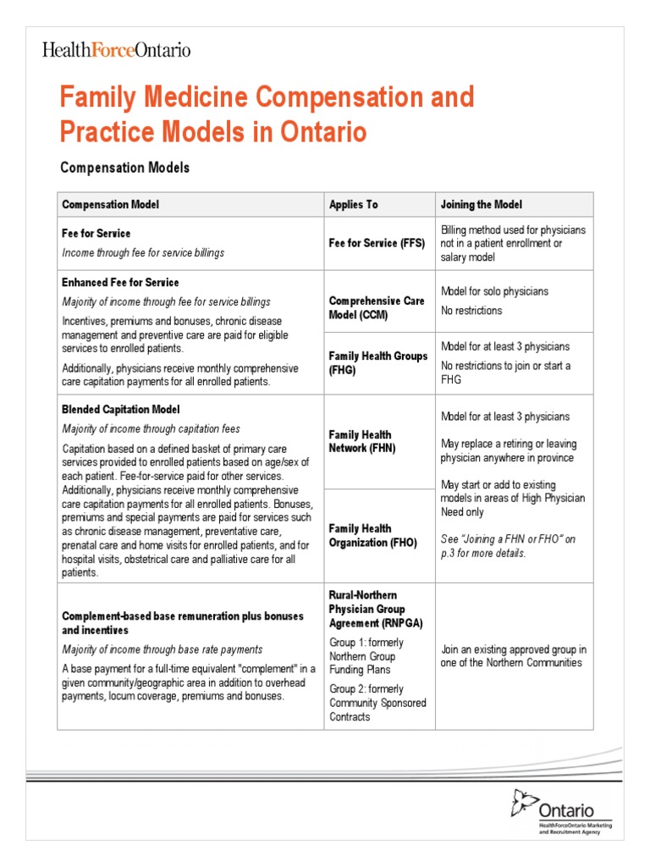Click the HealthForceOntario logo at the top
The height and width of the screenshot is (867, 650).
[117, 50]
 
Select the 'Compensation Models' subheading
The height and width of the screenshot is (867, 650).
[124, 168]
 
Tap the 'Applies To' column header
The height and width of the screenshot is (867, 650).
[353, 205]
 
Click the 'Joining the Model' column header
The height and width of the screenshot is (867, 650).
[482, 205]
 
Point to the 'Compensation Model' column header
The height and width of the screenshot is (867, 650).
[110, 205]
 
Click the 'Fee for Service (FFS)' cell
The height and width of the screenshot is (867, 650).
[376, 243]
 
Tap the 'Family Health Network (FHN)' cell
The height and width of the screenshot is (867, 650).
[361, 441]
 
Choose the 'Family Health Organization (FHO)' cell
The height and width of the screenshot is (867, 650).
[372, 535]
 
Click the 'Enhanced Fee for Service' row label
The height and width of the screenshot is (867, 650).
[120, 282]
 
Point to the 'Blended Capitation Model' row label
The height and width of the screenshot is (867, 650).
[120, 409]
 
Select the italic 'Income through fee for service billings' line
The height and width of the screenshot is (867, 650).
[143, 252]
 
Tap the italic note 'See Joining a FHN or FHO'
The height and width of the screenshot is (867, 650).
[508, 546]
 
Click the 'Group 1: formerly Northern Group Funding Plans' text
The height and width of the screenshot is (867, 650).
[366, 656]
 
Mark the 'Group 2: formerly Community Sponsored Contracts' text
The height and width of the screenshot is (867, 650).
[377, 703]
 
